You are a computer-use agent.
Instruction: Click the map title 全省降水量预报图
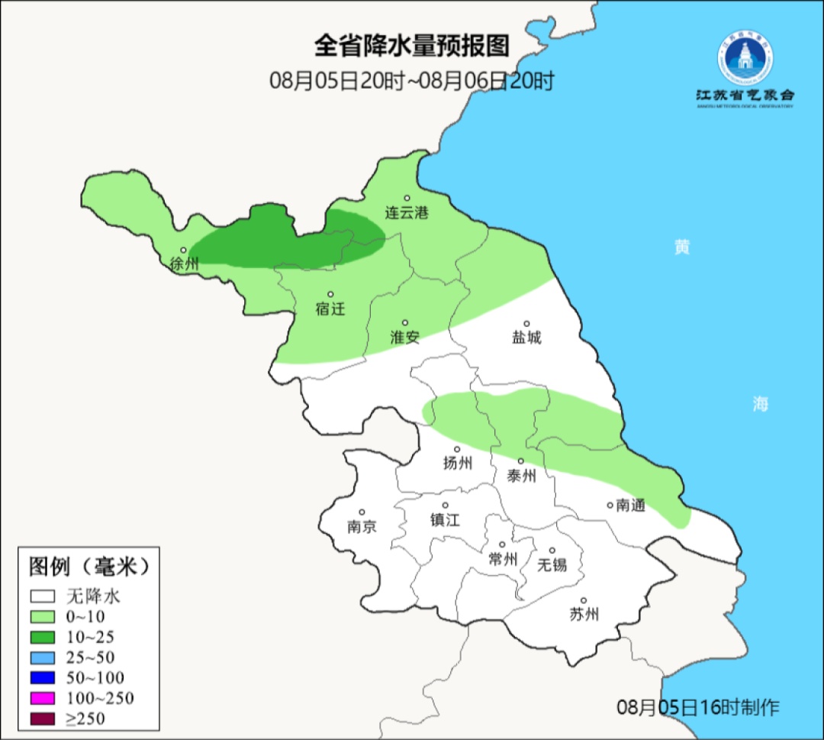tap(411, 47)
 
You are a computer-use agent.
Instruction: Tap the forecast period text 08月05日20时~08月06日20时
tap(411, 81)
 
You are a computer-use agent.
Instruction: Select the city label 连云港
tap(407, 213)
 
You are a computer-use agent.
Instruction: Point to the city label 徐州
tap(185, 264)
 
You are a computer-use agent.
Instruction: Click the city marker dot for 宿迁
tap(330, 294)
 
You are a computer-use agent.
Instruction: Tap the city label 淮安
tap(405, 337)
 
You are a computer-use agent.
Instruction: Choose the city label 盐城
tap(526, 338)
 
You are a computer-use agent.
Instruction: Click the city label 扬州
tap(458, 463)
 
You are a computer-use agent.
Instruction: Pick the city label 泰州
tap(521, 476)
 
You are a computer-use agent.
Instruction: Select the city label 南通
tap(630, 505)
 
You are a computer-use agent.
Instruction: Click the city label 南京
tap(362, 527)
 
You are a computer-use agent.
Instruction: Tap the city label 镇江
tap(445, 519)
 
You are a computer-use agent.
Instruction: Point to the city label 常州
tap(503, 559)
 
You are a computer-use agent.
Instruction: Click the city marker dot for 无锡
tap(552, 550)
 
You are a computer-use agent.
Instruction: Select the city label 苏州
tap(584, 614)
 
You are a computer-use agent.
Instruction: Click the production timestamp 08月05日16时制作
tap(698, 707)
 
